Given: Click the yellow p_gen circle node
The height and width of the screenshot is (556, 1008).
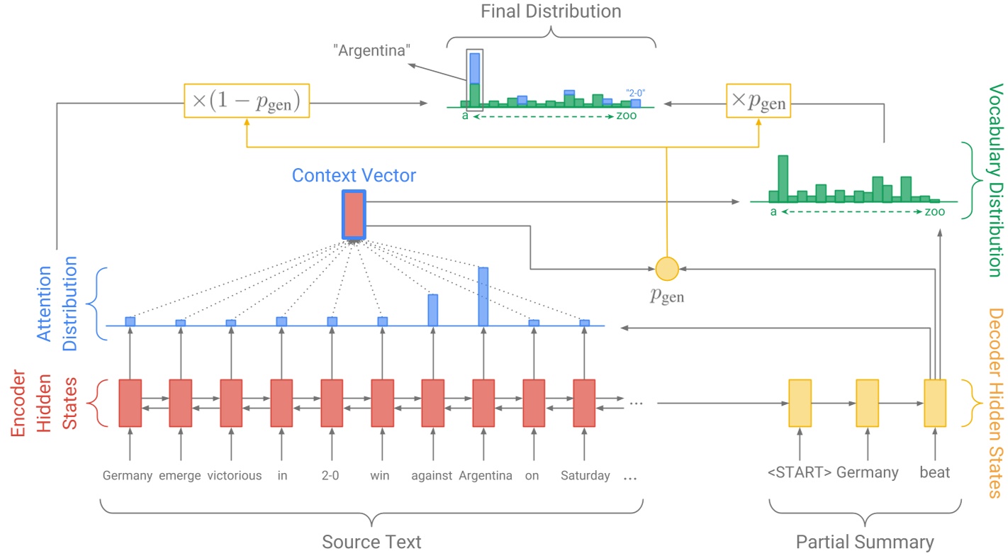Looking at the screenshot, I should (666, 269).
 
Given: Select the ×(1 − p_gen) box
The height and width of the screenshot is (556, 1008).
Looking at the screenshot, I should (246, 104).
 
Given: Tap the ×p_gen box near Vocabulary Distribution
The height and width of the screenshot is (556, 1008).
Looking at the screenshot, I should (758, 104).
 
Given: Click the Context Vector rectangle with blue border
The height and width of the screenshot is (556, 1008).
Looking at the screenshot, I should (354, 214).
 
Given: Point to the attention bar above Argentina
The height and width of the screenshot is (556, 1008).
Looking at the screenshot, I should (483, 296).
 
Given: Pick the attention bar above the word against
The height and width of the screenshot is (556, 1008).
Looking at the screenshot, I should (432, 310).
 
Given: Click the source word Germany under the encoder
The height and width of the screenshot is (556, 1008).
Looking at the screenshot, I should (128, 475).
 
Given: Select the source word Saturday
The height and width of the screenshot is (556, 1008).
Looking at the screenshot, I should (585, 475).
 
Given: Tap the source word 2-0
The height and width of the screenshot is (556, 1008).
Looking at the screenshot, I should (331, 475).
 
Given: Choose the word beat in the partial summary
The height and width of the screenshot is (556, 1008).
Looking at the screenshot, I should (934, 472).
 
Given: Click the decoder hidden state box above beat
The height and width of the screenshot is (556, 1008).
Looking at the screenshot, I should (935, 403).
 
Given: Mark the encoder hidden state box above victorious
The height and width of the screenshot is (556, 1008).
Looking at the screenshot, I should (231, 403).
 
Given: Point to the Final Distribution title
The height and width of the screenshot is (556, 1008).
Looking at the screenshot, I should (551, 12).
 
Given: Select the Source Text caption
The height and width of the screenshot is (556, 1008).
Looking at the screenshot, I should (371, 543).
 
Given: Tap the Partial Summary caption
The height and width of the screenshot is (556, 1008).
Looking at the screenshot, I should (864, 543).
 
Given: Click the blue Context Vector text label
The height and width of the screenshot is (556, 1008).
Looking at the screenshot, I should (354, 175).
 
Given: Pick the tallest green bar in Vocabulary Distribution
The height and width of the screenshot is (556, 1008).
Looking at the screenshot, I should (783, 179).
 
